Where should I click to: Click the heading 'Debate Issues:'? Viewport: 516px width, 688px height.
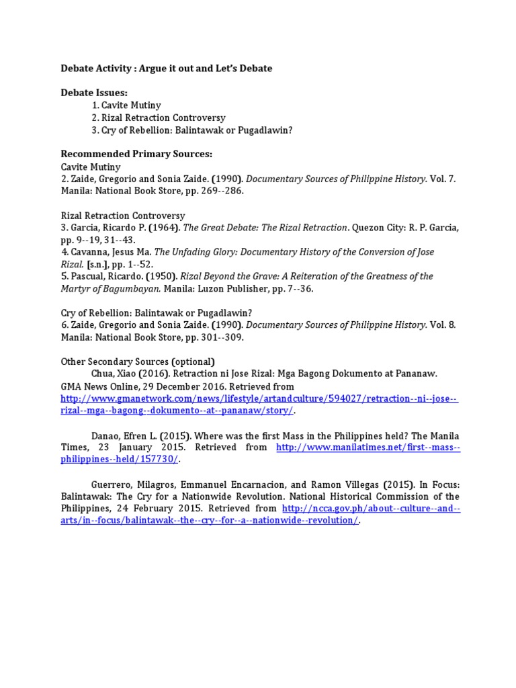coord(94,93)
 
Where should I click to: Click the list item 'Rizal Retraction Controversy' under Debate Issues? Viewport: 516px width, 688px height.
coord(159,118)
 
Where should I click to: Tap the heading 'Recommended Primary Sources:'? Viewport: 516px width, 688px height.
coord(136,154)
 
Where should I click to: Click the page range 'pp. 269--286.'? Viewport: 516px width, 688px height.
coord(212,191)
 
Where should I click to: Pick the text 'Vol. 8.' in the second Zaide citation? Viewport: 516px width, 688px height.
coord(443,325)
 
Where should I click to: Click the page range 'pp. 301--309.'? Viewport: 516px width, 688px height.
coord(212,337)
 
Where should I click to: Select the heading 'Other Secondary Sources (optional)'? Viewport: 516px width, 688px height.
coord(138,361)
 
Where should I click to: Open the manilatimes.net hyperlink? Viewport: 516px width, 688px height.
coord(368,447)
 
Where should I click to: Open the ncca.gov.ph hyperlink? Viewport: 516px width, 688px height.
coord(371,509)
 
